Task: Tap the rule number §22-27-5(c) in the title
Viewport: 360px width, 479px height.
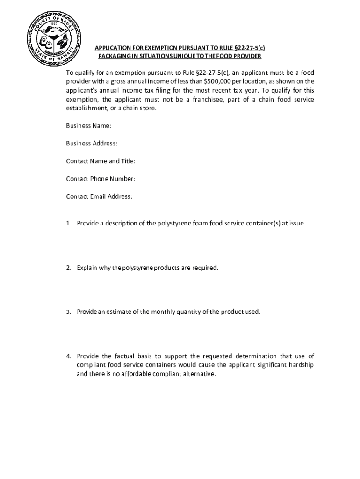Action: pyautogui.click(x=250, y=48)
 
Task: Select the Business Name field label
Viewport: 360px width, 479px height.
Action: pyautogui.click(x=88, y=126)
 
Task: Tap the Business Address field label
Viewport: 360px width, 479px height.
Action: pyautogui.click(x=92, y=144)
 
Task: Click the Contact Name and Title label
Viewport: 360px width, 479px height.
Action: pyautogui.click(x=101, y=161)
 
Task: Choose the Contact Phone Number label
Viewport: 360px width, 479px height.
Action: pyautogui.click(x=101, y=179)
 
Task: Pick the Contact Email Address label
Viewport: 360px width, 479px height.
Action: pyautogui.click(x=99, y=196)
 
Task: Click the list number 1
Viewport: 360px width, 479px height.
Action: pyautogui.click(x=68, y=224)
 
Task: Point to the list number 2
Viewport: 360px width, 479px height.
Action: pyautogui.click(x=68, y=268)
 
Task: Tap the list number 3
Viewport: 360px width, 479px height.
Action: pyautogui.click(x=68, y=312)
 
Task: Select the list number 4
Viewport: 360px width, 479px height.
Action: pyautogui.click(x=68, y=356)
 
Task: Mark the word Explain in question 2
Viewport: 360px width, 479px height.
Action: pyautogui.click(x=87, y=268)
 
